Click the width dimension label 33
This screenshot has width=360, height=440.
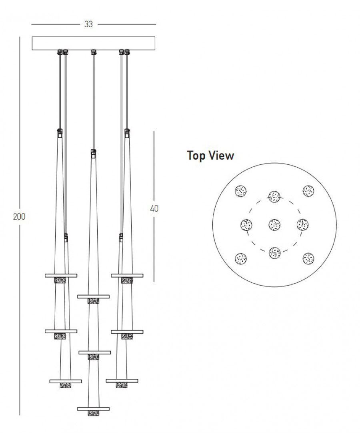[88, 24]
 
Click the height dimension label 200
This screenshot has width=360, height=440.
[19, 216]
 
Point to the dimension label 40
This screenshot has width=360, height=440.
[154, 208]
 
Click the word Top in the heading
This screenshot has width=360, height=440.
[196, 156]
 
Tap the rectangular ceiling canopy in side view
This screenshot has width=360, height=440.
[94, 44]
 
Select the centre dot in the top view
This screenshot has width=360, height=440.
[274, 225]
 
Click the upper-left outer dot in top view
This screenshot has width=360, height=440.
[241, 191]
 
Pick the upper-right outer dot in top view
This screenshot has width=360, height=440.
[308, 191]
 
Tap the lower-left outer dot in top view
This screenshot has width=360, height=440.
[241, 259]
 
